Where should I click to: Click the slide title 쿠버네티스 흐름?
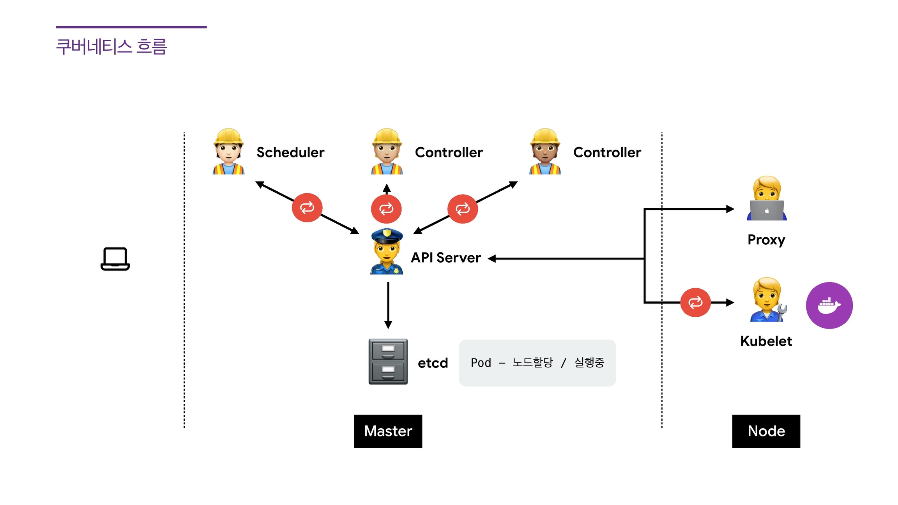click(111, 47)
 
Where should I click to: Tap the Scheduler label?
click(290, 152)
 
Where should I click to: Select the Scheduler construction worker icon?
click(228, 152)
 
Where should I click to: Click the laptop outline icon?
click(115, 259)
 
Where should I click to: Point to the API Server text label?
click(446, 258)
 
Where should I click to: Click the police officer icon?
click(386, 252)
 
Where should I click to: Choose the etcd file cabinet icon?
click(388, 362)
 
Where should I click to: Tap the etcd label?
click(433, 363)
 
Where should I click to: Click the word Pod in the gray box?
click(481, 363)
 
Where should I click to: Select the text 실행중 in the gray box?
click(589, 363)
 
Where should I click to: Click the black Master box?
click(388, 431)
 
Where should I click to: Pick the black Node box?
click(766, 431)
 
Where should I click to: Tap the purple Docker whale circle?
click(829, 305)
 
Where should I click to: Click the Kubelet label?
click(766, 341)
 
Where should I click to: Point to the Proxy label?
click(766, 240)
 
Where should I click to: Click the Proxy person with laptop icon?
click(767, 199)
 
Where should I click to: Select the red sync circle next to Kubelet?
click(695, 302)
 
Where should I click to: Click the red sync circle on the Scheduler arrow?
click(307, 207)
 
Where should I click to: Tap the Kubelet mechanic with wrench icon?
click(767, 300)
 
